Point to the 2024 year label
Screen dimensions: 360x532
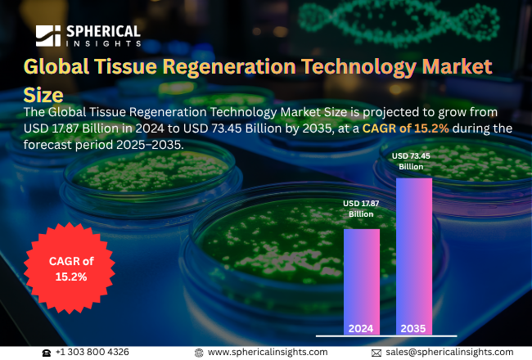[x=361, y=328]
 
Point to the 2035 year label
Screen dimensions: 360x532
[x=413, y=328]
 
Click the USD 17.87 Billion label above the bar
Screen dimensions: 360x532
[x=361, y=209]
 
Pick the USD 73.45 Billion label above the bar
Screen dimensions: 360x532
[x=413, y=161]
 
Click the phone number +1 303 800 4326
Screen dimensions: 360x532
[x=92, y=352]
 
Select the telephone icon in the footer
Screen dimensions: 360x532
[x=47, y=352]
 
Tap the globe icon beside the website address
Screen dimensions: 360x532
[x=199, y=352]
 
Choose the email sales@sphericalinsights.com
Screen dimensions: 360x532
[x=449, y=352]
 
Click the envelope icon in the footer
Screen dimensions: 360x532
[x=376, y=352]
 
